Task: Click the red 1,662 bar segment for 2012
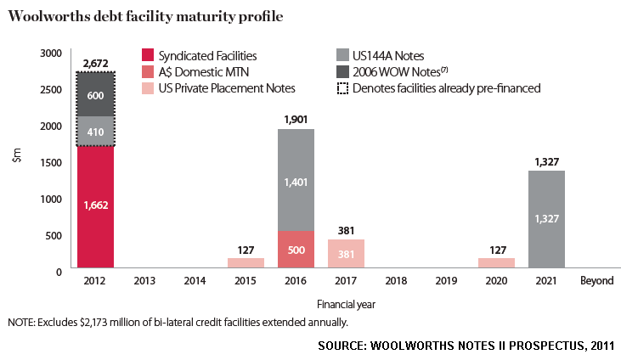95,206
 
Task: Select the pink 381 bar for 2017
345,254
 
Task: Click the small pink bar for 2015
245,263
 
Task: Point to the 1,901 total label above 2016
295,119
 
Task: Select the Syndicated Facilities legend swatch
150,56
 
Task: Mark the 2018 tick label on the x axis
395,281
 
